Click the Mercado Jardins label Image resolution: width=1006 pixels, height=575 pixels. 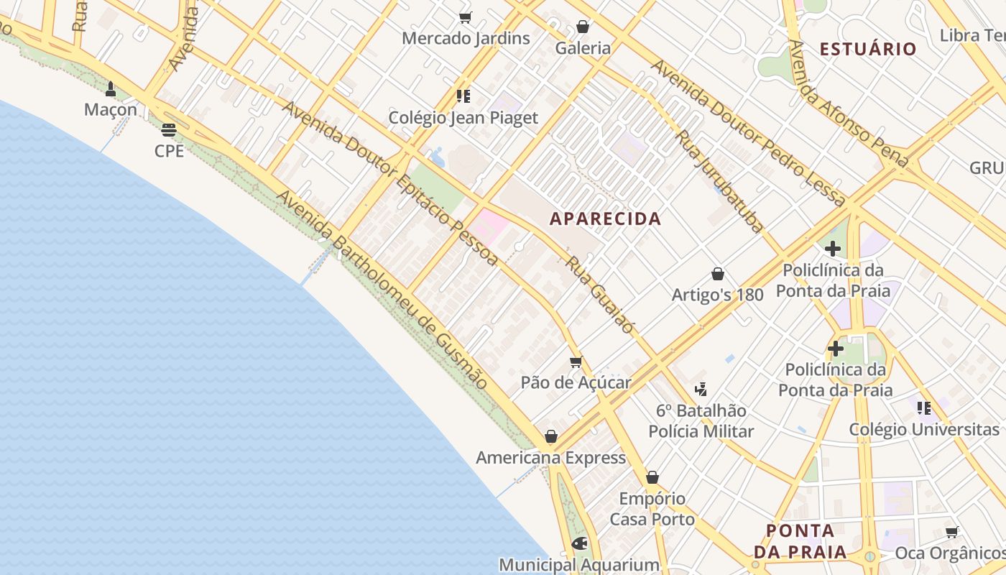[x=466, y=38]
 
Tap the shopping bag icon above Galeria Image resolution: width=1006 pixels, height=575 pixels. [x=583, y=27]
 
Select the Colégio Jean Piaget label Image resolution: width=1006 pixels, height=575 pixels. [x=463, y=118]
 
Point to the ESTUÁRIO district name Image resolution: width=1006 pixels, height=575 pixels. [x=868, y=49]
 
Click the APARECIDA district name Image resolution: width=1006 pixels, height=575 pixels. [x=605, y=219]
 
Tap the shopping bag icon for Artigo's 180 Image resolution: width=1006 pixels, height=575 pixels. [x=717, y=274]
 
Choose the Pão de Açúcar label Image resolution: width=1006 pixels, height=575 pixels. [x=576, y=382]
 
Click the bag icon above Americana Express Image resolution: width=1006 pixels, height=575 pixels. [x=551, y=436]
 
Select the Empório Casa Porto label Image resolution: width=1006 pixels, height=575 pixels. [x=652, y=509]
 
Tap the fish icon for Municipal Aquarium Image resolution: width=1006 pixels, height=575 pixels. [x=579, y=543]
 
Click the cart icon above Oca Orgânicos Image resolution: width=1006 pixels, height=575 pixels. [x=952, y=533]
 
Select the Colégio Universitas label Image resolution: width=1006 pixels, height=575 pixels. [x=924, y=430]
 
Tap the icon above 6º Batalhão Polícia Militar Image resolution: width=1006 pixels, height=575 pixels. [x=701, y=390]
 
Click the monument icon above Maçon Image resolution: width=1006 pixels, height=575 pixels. [x=111, y=89]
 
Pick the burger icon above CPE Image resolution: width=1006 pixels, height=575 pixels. [x=169, y=130]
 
